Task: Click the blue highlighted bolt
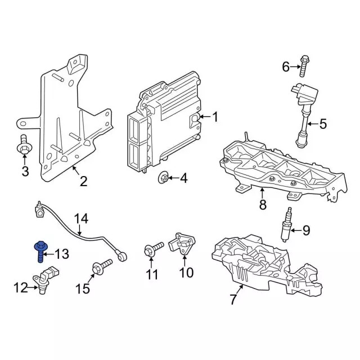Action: click(41, 251)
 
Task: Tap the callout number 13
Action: click(61, 255)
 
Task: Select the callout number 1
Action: click(214, 117)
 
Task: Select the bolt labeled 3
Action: click(24, 146)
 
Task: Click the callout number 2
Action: click(83, 181)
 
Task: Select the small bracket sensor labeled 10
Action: click(183, 245)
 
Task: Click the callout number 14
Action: click(82, 217)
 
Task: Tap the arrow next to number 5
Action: click(311, 123)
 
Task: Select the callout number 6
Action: click(285, 67)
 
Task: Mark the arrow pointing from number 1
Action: click(202, 117)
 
